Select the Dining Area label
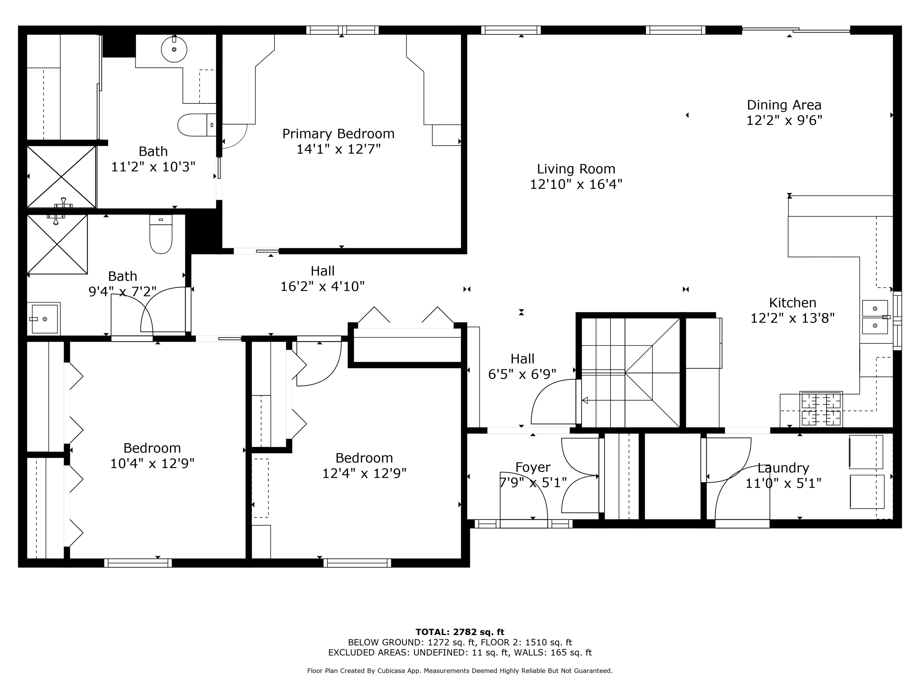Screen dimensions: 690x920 click(x=784, y=105)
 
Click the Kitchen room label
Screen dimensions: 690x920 click(x=792, y=302)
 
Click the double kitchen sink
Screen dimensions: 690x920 click(x=875, y=317)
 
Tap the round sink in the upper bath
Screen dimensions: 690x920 click(x=174, y=49)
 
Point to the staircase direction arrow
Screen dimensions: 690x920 click(x=585, y=400)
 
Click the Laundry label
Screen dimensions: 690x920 click(x=783, y=468)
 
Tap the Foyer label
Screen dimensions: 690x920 click(x=533, y=467)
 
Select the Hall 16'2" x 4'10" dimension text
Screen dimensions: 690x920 click(x=322, y=286)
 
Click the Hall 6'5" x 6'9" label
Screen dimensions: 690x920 click(x=522, y=358)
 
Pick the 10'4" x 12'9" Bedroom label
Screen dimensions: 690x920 click(x=152, y=448)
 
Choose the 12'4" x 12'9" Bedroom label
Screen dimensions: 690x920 click(x=364, y=458)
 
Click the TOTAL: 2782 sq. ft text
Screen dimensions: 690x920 click(x=460, y=632)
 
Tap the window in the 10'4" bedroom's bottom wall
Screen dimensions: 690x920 click(x=138, y=563)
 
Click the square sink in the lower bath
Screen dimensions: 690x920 click(x=44, y=319)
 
